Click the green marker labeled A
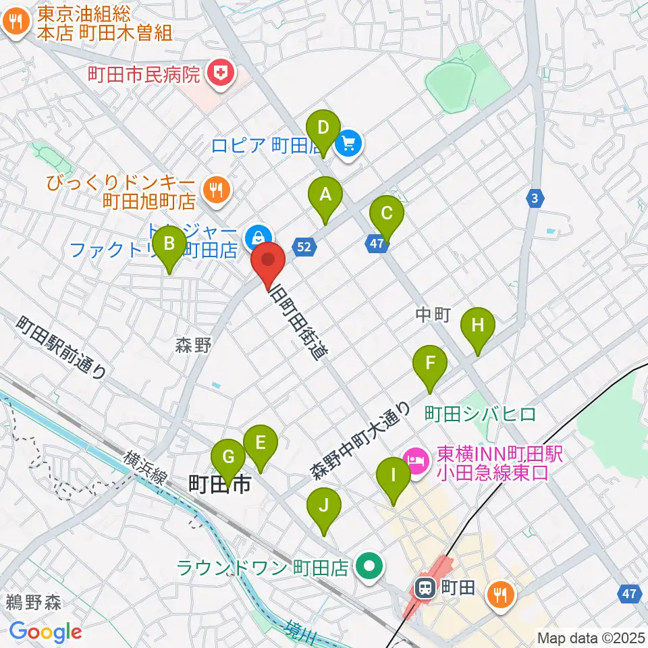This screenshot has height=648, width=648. pos(325,196)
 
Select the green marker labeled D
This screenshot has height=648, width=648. pos(323,128)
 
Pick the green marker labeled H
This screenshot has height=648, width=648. pos(477,326)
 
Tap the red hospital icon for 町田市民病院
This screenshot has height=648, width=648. pos(221,74)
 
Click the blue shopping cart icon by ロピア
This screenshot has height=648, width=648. pos(348,143)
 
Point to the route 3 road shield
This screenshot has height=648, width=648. pos(535,198)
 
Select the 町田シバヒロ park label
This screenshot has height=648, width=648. pos(481,412)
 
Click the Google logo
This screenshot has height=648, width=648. pos(45,632)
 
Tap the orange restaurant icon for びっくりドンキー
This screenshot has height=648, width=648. pos(216,190)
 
